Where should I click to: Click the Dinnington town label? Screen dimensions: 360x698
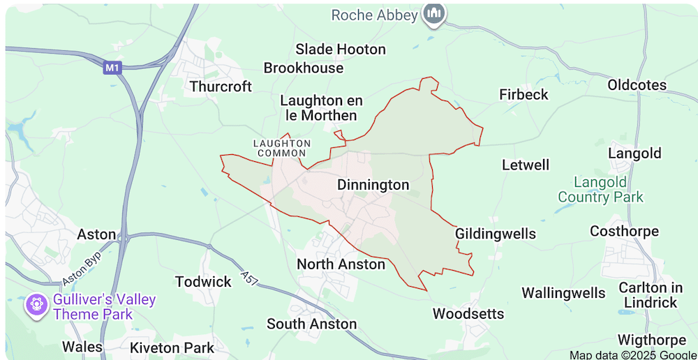coord(373,185)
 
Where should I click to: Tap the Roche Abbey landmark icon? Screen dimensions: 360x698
coord(435,14)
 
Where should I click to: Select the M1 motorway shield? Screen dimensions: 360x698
coord(112,68)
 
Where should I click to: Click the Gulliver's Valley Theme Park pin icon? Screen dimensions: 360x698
coord(35,304)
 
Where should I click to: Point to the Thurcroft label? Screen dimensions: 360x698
coord(221,87)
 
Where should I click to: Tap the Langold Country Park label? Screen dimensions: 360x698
coord(600,190)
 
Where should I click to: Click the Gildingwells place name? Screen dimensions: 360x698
coord(495,234)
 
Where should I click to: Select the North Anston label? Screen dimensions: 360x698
coord(341,264)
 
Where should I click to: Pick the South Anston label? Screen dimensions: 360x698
coord(311,324)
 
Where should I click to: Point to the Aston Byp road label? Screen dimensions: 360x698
coord(82,268)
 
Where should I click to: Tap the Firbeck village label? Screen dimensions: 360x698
coord(523,94)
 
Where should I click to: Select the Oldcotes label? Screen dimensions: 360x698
coord(637,85)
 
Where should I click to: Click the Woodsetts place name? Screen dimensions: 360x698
coord(468,314)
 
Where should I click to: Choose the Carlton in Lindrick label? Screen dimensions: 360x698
coord(650,295)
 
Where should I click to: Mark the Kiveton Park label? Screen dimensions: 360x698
coord(172,347)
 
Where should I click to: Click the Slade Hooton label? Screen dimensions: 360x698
coord(340,50)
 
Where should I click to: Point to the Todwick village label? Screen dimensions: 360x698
coord(203,282)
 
